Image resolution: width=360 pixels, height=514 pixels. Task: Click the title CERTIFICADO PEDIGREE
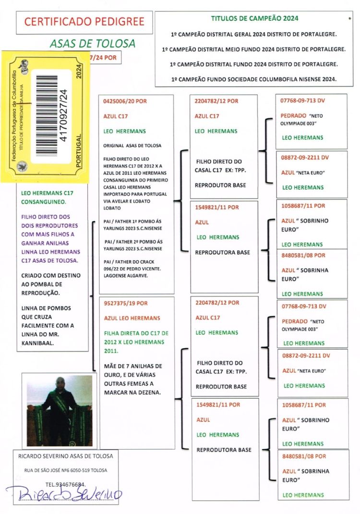[84, 22]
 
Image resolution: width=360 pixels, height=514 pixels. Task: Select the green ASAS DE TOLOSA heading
[93, 44]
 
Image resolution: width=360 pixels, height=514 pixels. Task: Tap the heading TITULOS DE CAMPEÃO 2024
[254, 18]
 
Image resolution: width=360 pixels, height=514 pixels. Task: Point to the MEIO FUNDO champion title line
[254, 49]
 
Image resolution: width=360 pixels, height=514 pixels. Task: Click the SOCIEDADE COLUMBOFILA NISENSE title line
[254, 78]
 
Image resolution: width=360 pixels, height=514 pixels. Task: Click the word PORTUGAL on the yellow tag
[79, 149]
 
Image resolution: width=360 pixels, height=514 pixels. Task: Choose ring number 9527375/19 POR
[125, 303]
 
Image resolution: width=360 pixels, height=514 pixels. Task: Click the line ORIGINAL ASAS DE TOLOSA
[132, 145]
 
